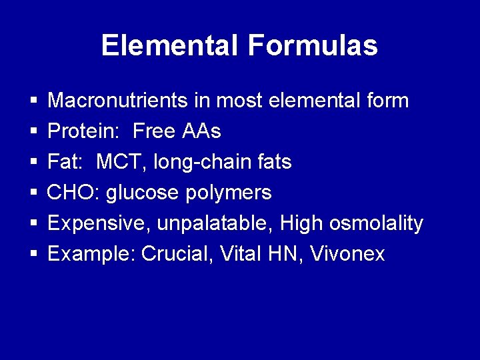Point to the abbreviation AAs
click(201, 131)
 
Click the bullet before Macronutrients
click(33, 101)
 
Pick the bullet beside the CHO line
click(33, 193)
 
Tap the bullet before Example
click(33, 255)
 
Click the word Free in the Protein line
click(154, 131)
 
